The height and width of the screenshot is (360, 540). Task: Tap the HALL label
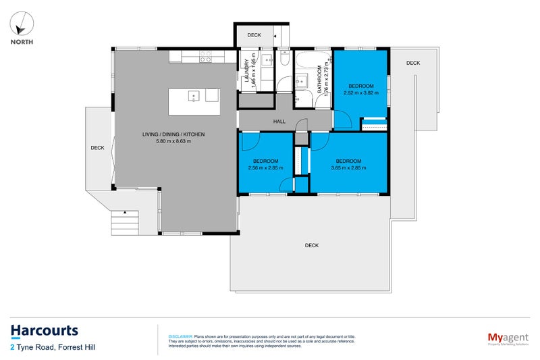click(279, 122)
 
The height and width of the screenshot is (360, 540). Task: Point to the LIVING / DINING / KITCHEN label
click(173, 134)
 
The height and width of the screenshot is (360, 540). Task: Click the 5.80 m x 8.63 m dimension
click(173, 142)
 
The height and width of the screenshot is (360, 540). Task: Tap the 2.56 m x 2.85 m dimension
click(265, 168)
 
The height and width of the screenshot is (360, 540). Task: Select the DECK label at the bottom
click(311, 245)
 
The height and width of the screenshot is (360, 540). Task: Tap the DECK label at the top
click(254, 35)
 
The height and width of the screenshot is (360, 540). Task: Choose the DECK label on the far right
click(413, 63)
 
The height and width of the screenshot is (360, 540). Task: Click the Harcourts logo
click(45, 330)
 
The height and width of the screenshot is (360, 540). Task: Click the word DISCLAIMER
click(180, 336)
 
